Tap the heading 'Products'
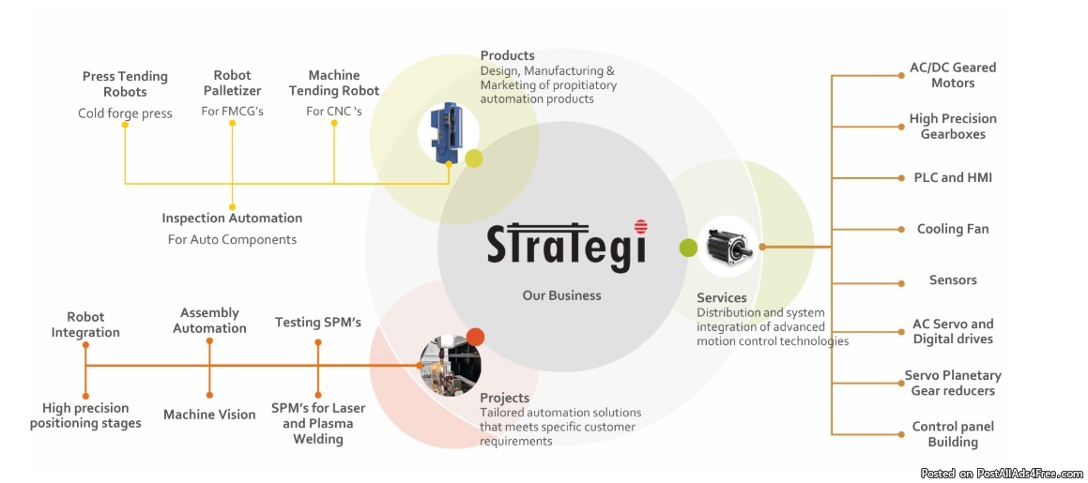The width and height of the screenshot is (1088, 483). tap(507, 55)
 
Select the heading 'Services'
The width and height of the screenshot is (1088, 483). tap(721, 298)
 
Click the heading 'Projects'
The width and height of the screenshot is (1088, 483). tap(504, 398)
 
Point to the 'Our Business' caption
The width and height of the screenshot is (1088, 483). tap(561, 294)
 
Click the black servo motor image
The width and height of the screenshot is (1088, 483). tap(728, 247)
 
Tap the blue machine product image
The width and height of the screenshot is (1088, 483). tap(444, 132)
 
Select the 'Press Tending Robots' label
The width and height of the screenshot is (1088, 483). tap(125, 83)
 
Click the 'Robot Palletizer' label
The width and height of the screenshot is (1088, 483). tap(232, 83)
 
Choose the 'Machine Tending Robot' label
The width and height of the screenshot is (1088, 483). tap(333, 83)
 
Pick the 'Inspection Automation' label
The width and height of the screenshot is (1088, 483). tap(232, 218)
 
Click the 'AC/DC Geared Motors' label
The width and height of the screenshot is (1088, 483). tap(952, 75)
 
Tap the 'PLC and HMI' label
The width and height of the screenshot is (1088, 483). tap(952, 177)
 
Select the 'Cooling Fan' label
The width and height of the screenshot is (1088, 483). tap(952, 229)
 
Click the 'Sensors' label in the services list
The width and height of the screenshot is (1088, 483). tap(952, 279)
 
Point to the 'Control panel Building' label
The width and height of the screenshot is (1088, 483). tap(952, 434)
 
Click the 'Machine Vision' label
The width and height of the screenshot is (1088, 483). tap(209, 414)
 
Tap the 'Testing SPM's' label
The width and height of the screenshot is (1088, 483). tap(317, 323)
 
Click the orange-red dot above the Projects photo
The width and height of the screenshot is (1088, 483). tap(475, 337)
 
